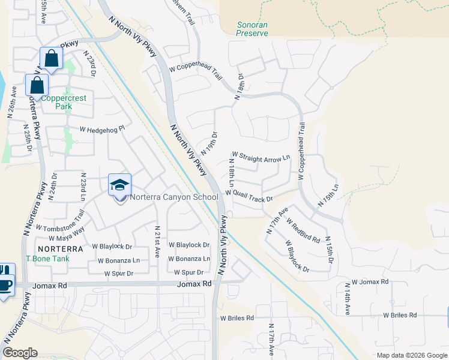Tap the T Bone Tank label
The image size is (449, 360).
[47, 259]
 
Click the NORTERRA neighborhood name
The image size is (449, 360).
[59, 248]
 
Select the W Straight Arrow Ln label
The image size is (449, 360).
[261, 157]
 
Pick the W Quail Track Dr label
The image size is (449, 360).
[249, 196]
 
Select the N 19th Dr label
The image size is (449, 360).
[209, 144]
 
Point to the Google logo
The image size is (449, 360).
[20, 353]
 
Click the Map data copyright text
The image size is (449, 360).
[412, 355]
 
